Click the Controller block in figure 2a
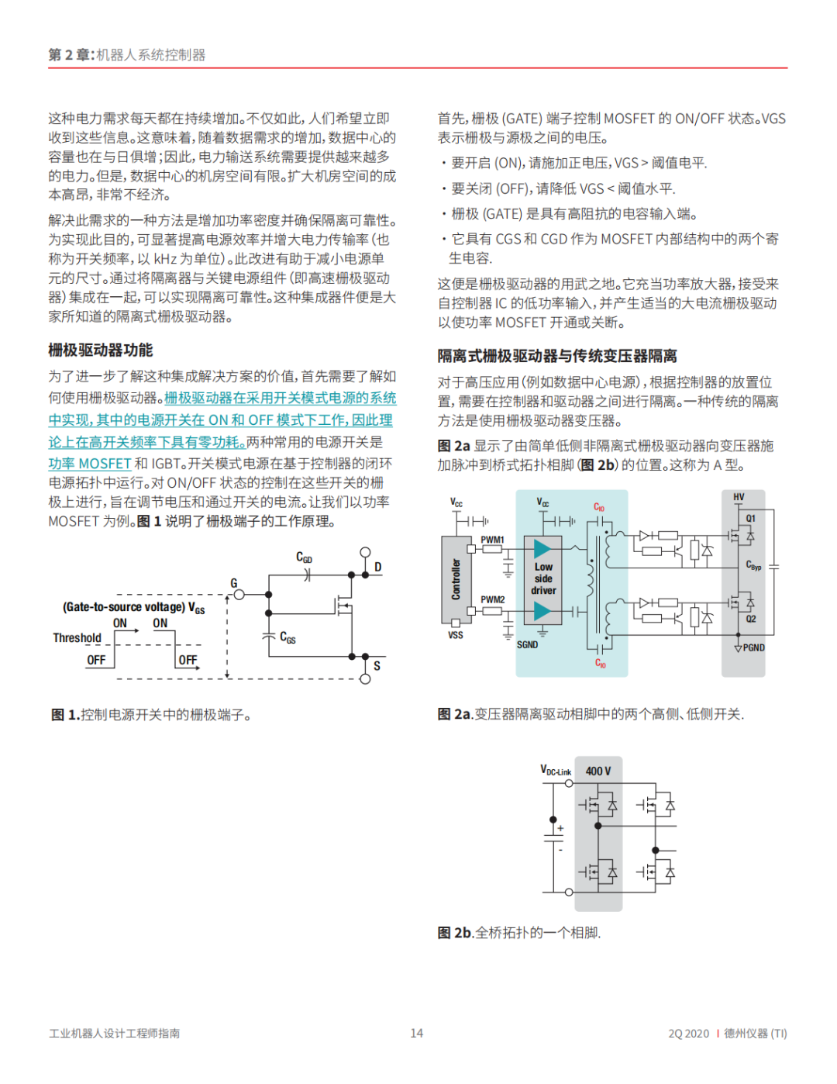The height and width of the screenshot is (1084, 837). (456, 579)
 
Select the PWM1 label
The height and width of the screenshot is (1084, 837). (492, 540)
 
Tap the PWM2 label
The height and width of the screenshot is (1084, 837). (492, 599)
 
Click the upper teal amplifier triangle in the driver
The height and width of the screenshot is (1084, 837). (542, 550)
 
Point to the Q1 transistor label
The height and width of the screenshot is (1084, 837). (750, 518)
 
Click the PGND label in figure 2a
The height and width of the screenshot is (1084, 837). (753, 647)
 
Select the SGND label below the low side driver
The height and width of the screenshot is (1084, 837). (527, 644)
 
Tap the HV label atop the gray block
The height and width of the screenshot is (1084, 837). (739, 497)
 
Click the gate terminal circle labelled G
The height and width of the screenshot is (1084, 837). (239, 595)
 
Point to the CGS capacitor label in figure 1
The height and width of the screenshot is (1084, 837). (288, 638)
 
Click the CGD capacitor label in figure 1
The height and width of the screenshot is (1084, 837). (304, 558)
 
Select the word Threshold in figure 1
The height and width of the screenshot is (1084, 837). (77, 638)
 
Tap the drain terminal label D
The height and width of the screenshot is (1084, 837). (378, 567)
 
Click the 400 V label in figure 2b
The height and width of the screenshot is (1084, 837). (598, 771)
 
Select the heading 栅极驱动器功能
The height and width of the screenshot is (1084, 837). (101, 350)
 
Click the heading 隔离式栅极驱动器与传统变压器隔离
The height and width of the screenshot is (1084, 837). (557, 356)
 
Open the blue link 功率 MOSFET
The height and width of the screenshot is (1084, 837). (89, 464)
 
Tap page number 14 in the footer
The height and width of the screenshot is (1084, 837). (417, 1033)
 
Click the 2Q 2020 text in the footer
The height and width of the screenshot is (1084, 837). (688, 1034)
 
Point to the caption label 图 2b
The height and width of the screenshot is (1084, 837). (454, 933)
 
